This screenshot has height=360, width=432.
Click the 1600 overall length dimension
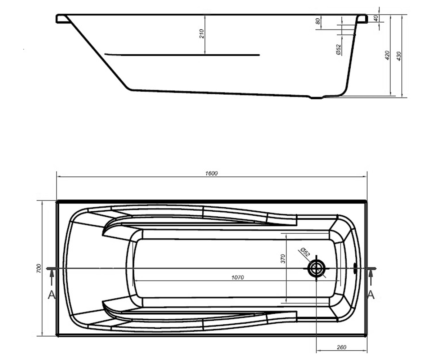tap(211, 173)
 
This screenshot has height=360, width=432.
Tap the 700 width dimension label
tap(39, 268)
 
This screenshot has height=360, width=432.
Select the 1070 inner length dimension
tap(238, 277)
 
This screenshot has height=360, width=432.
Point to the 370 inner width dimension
tap(283, 258)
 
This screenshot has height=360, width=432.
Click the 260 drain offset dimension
tap(341, 347)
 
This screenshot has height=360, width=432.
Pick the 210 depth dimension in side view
tap(202, 33)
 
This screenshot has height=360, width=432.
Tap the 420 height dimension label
tap(387, 55)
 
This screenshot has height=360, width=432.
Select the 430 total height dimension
tap(399, 56)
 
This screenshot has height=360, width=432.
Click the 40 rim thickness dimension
tap(376, 18)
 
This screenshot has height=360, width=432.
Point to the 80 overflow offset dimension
tap(318, 21)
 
